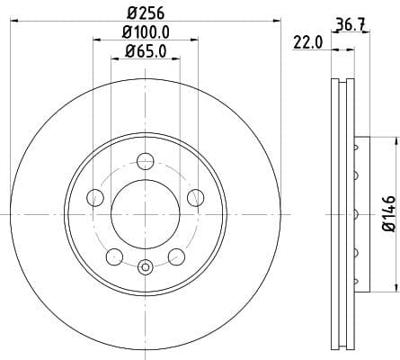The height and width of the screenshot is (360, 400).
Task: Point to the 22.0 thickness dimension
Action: [x=308, y=41]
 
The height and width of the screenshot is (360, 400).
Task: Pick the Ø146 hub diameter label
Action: [x=388, y=213]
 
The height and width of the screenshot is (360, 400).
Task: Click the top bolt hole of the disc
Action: [x=145, y=161]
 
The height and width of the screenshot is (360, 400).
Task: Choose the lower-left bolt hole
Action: [x=113, y=257]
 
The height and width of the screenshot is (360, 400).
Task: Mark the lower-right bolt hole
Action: [x=175, y=257]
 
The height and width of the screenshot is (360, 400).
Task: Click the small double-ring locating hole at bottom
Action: [x=145, y=265]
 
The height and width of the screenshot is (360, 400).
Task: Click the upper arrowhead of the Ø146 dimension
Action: [x=393, y=140]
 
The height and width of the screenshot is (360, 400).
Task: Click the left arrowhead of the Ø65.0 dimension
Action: [x=113, y=58]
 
